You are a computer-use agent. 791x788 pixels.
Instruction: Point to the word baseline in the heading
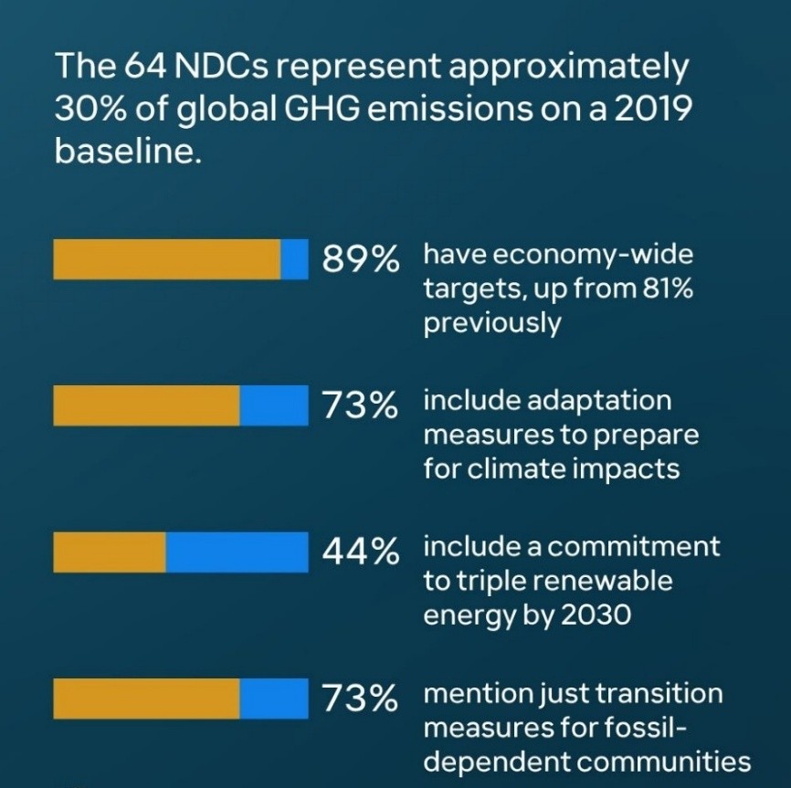(126, 149)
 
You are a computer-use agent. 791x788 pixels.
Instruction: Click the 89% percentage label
(361, 260)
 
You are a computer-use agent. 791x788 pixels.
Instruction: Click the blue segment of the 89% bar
(294, 259)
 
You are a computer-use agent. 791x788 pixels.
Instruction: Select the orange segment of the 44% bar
(110, 552)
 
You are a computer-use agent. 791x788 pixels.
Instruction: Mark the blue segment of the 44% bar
(237, 552)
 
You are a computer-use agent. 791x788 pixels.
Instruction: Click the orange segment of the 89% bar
(167, 259)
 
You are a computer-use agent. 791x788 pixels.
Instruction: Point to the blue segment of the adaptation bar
(274, 405)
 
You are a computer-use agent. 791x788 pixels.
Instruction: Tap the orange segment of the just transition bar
(146, 699)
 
